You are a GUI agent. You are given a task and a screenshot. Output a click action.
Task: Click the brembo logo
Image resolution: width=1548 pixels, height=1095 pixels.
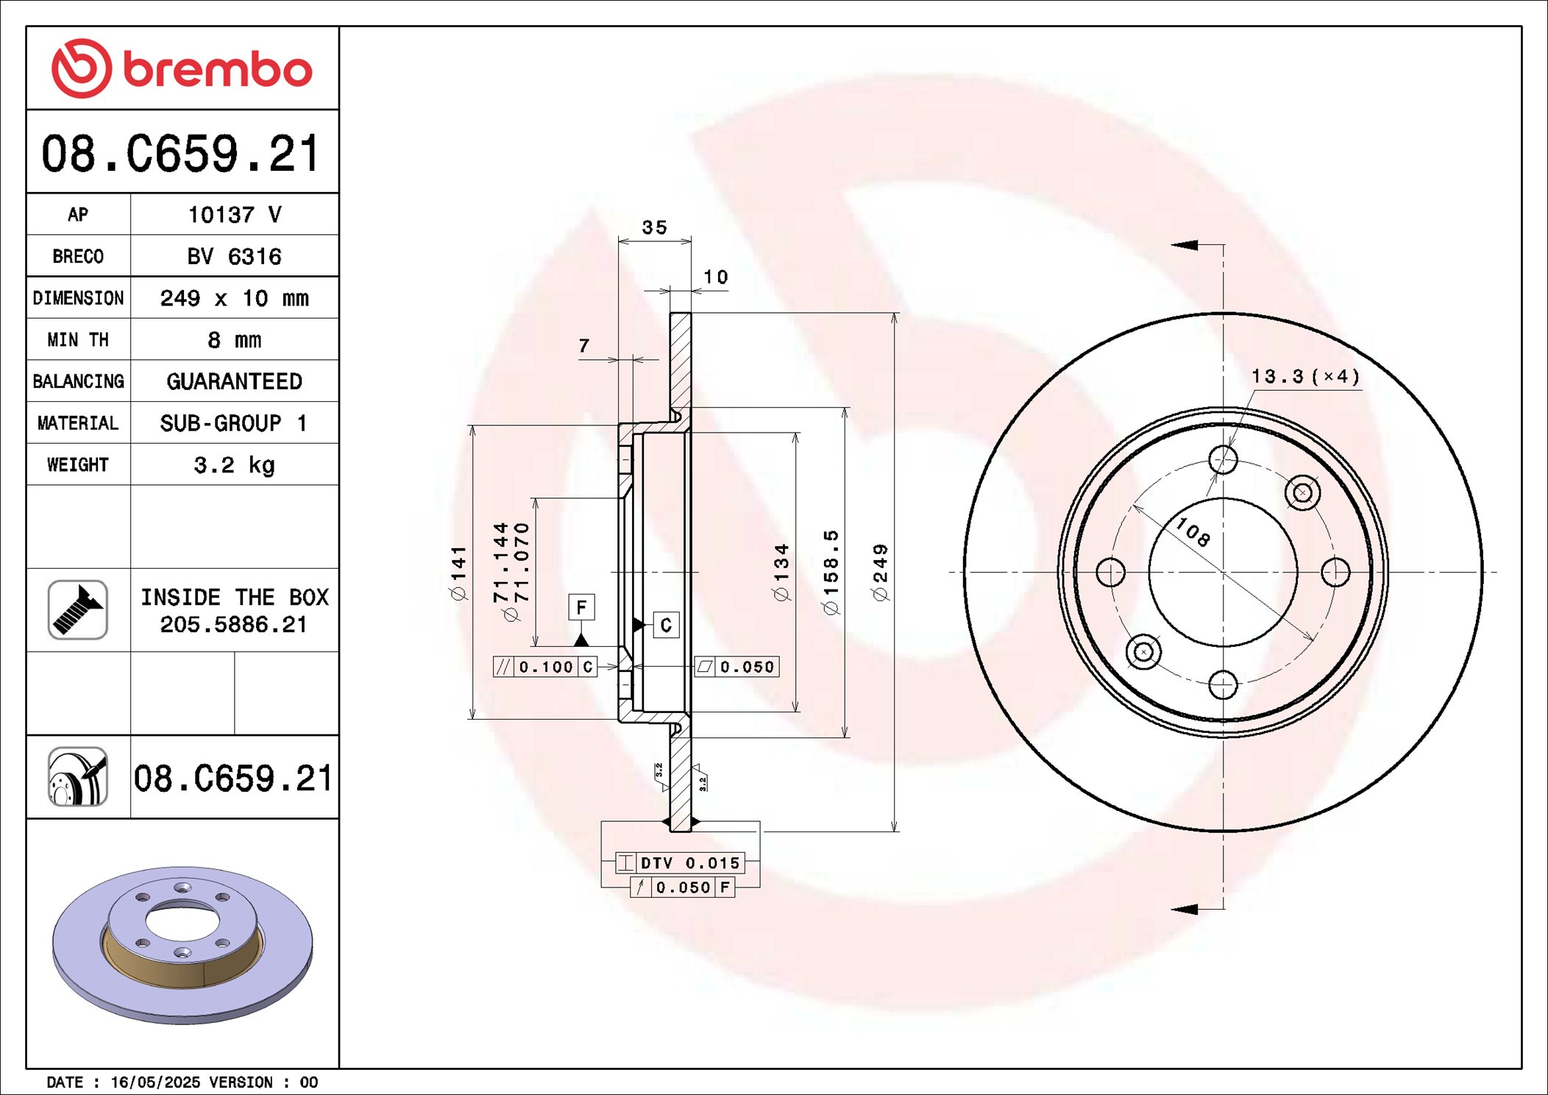pyautogui.click(x=182, y=68)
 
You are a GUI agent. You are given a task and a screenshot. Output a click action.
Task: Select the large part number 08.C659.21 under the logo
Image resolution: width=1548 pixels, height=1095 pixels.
pyautogui.click(x=181, y=154)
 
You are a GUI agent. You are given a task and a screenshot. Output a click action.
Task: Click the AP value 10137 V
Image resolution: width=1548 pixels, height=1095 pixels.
pyautogui.click(x=234, y=215)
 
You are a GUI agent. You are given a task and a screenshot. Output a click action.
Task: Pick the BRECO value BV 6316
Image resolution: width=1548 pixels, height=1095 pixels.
pyautogui.click(x=234, y=256)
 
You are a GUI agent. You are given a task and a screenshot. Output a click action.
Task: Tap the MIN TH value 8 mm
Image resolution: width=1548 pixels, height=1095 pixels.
pyautogui.click(x=234, y=340)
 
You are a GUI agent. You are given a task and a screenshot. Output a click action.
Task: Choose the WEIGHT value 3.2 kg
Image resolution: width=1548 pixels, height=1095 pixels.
pyautogui.click(x=234, y=465)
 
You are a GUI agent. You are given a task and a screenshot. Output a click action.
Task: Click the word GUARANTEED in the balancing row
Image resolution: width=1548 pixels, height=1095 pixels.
pyautogui.click(x=234, y=381)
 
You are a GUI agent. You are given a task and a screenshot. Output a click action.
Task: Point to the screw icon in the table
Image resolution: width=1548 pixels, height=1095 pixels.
pyautogui.click(x=78, y=609)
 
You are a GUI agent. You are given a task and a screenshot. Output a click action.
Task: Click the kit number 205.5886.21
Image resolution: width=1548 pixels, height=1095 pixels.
pyautogui.click(x=233, y=625)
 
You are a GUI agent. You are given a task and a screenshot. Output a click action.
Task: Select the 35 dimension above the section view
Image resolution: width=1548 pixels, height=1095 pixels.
pyautogui.click(x=654, y=227)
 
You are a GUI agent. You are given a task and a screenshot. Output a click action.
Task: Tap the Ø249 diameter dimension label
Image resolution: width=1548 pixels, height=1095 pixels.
pyautogui.click(x=881, y=573)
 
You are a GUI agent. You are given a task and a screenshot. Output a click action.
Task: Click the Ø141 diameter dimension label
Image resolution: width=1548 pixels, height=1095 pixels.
pyautogui.click(x=459, y=573)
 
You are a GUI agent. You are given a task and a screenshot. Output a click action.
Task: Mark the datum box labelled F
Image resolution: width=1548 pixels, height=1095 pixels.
pyautogui.click(x=581, y=607)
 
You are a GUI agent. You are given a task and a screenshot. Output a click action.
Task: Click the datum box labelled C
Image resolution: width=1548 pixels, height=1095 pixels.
pyautogui.click(x=666, y=625)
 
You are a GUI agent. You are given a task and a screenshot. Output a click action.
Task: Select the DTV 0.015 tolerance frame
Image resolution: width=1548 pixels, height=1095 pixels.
pyautogui.click(x=681, y=862)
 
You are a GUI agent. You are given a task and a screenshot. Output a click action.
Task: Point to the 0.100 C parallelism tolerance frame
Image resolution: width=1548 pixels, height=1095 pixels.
pyautogui.click(x=544, y=667)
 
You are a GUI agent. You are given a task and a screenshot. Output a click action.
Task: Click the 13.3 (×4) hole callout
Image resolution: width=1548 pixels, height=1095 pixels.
pyautogui.click(x=1306, y=377)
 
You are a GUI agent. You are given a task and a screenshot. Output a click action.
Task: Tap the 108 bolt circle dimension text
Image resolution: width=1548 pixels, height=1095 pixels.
pyautogui.click(x=1192, y=531)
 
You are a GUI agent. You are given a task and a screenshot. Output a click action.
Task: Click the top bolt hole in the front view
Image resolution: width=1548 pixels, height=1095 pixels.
pyautogui.click(x=1223, y=460)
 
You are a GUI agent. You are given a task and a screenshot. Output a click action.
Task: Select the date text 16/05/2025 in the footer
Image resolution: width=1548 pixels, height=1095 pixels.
pyautogui.click(x=155, y=1082)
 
